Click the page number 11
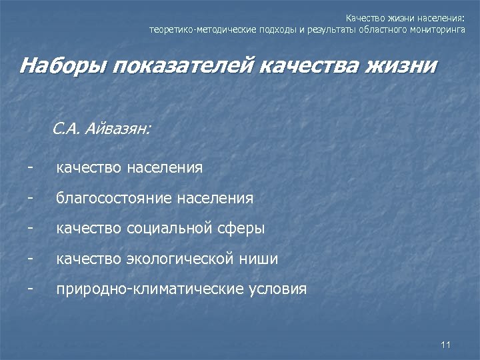point(446,344)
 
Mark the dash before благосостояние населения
point(31,197)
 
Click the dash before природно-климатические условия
point(31,289)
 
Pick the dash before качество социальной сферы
point(31,228)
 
